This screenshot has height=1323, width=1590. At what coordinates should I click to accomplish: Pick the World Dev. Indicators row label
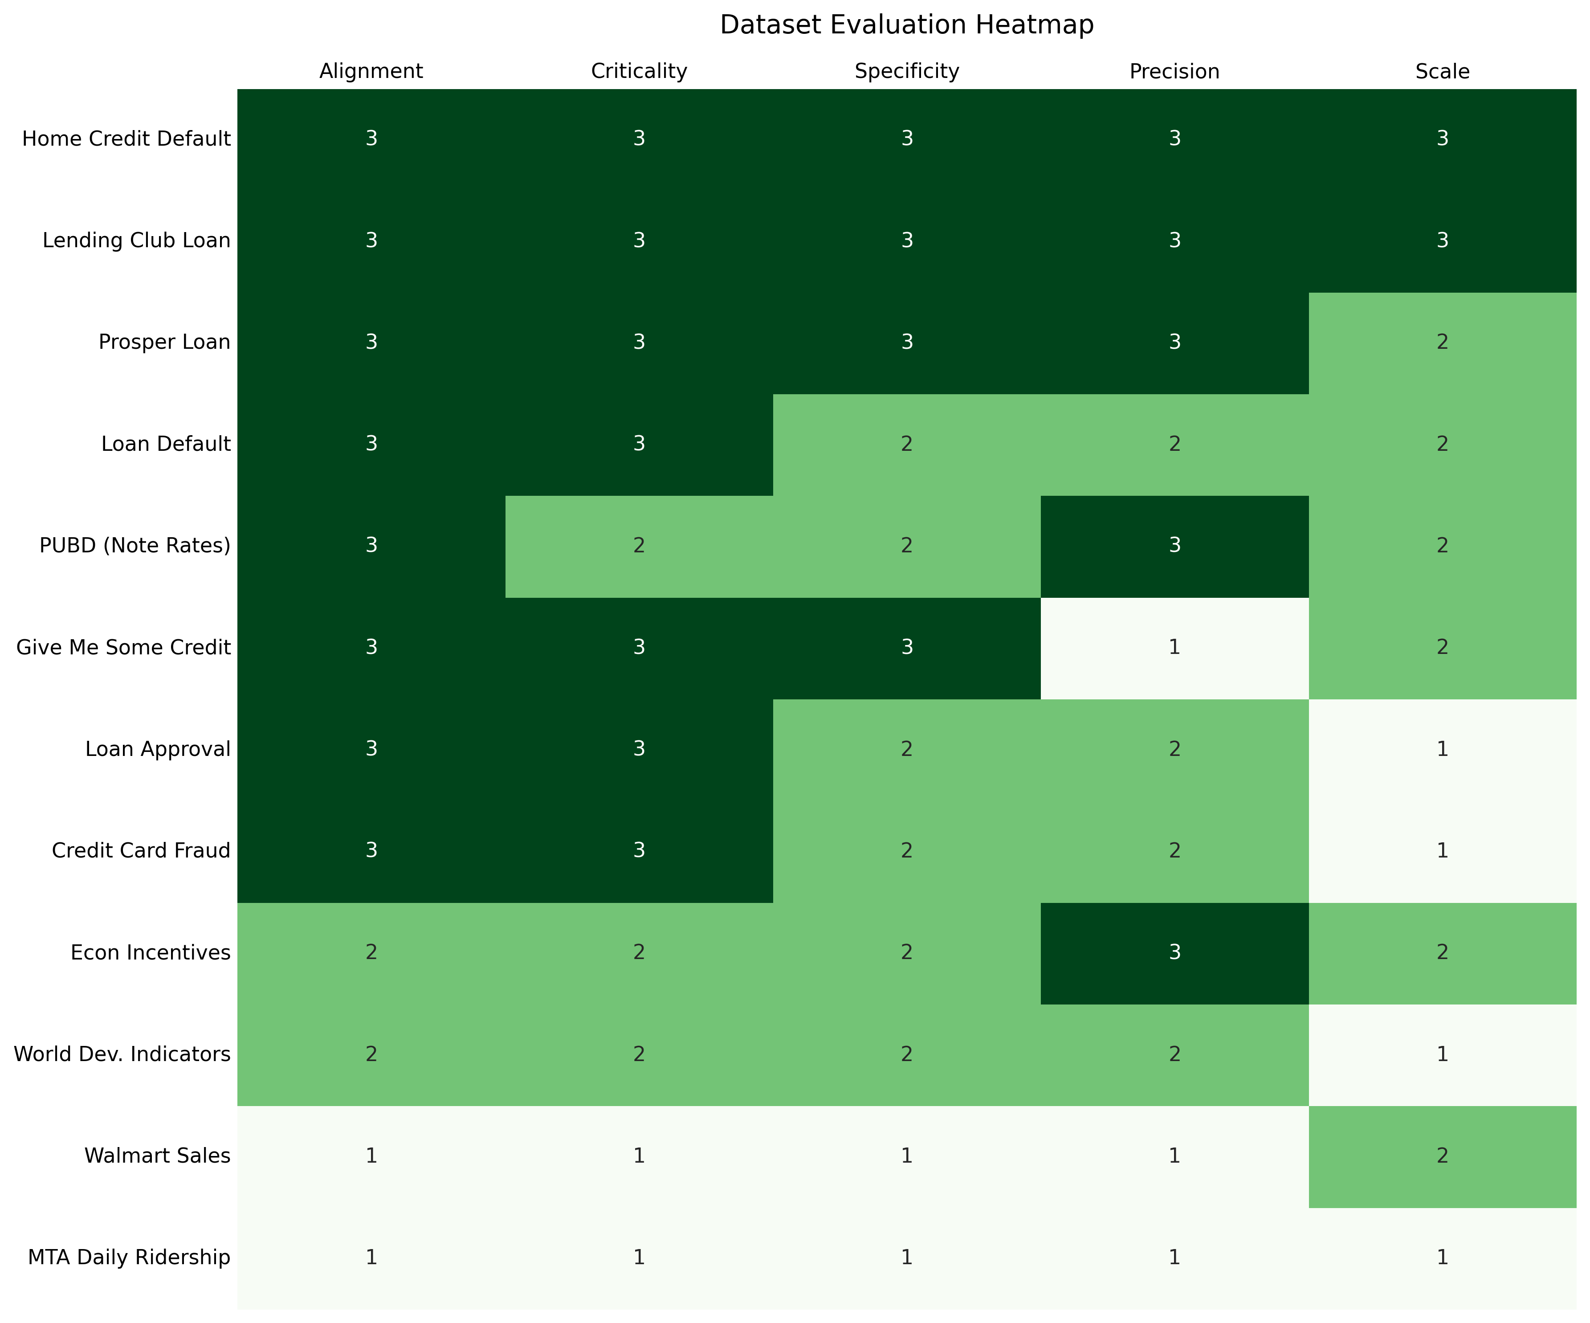122,1054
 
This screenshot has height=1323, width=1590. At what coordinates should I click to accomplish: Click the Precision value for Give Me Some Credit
1174,648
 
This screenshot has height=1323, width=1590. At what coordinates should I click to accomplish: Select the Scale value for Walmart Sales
1442,1156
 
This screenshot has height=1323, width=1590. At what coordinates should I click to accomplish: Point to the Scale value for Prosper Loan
1442,342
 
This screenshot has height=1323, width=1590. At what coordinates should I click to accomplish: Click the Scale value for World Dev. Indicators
1442,1054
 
